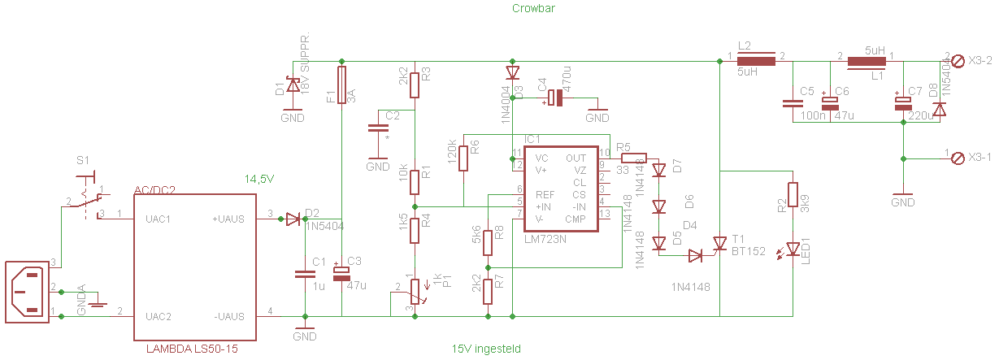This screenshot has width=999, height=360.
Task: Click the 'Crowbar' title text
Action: tap(533, 9)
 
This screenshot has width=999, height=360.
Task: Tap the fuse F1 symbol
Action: tap(341, 85)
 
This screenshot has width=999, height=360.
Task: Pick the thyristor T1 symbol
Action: tap(719, 243)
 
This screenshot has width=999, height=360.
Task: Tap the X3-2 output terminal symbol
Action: tap(958, 60)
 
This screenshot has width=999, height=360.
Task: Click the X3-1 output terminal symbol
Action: tap(958, 157)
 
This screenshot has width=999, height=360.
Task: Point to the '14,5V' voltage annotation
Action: tap(261, 178)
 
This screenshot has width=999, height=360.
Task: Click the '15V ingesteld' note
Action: tap(486, 349)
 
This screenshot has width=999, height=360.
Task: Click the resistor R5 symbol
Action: tap(634, 158)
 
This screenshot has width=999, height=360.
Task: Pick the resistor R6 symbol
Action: tap(463, 158)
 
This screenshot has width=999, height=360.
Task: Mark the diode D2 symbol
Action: tap(293, 219)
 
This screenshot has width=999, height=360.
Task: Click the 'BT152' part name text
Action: tap(749, 252)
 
